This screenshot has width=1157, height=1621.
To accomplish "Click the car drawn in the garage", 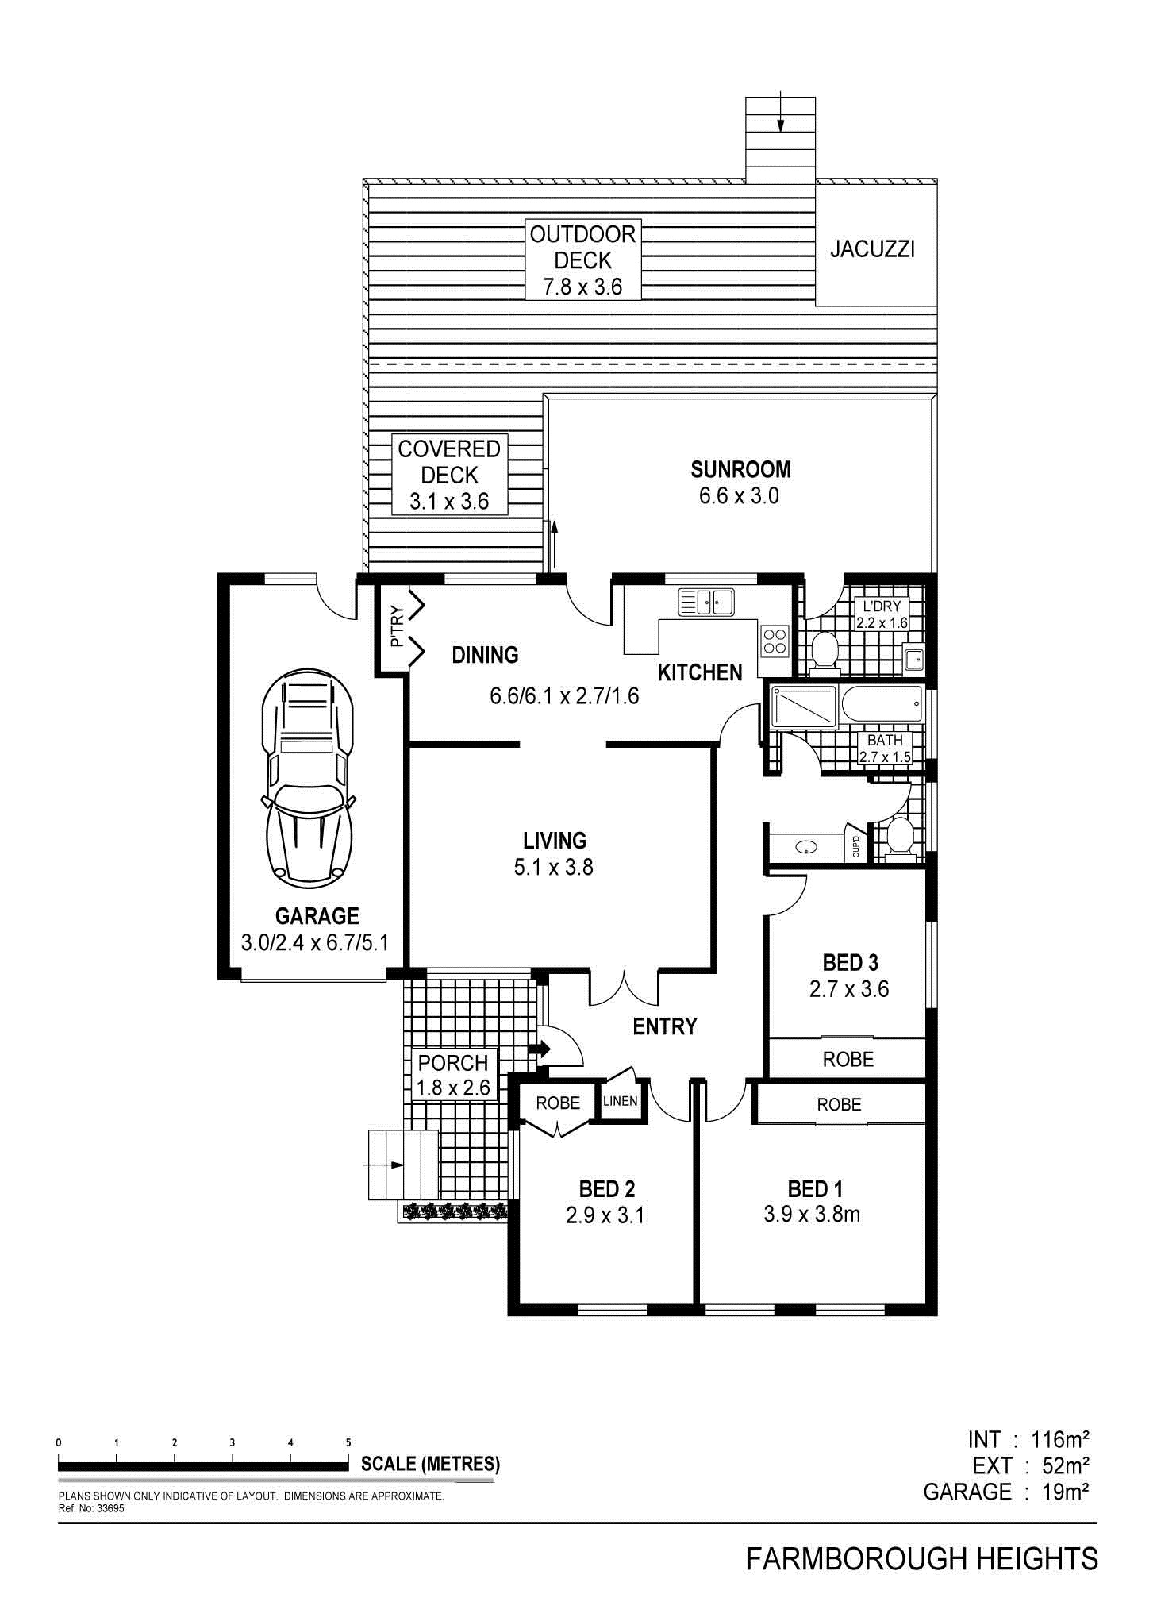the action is coord(308,777).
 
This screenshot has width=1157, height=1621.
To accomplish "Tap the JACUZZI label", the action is coord(872,249).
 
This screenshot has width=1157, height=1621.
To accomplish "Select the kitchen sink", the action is coord(705,601).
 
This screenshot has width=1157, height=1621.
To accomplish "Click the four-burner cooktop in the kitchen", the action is coord(775,640).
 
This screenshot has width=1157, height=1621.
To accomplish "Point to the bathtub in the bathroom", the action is coord(882,703).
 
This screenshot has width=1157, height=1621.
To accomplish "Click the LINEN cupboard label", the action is coord(620,1101).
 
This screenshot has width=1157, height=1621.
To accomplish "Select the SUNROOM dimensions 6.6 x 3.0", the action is coord(739,496).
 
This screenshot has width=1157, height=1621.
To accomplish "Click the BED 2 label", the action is coord(607,1188).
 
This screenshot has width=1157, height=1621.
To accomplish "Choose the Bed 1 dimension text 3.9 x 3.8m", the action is coord(812,1214).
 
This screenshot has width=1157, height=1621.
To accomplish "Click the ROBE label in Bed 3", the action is coord(848,1059).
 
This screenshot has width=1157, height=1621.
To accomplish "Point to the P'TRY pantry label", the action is coord(398,626).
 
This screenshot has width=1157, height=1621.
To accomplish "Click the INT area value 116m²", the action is coord(1059,1438).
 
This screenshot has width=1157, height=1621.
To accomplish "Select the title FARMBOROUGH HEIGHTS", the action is coord(922,1559).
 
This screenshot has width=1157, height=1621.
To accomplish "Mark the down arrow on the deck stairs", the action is coord(781,113).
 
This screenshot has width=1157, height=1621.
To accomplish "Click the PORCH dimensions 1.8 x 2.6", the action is coord(453,1088).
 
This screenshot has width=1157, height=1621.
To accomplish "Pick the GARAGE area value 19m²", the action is coord(1066,1492).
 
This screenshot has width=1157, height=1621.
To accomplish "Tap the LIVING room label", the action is coord(555,840).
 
